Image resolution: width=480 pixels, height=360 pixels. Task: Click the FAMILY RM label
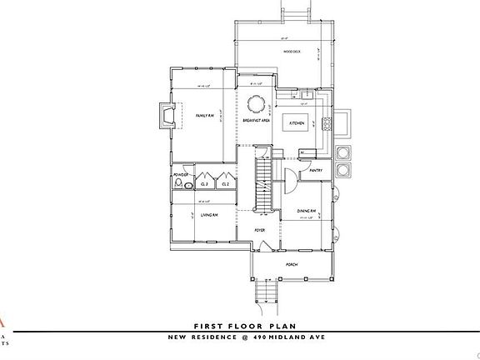205,116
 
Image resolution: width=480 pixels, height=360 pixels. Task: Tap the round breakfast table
256,104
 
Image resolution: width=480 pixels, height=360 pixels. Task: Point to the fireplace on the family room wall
167,115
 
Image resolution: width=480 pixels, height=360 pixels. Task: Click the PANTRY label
315,170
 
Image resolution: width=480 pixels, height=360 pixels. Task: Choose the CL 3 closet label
205,183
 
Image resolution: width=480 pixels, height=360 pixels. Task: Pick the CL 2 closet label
225,183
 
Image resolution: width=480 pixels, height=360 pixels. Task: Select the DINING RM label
307,212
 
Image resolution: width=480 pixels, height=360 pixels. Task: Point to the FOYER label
259,229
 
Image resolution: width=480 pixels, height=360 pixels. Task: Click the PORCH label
292,264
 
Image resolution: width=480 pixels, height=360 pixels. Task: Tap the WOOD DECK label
292,52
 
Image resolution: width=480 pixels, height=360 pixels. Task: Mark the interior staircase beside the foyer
262,179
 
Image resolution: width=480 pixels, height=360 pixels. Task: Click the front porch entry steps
264,292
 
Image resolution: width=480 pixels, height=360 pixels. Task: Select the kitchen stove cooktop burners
327,124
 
